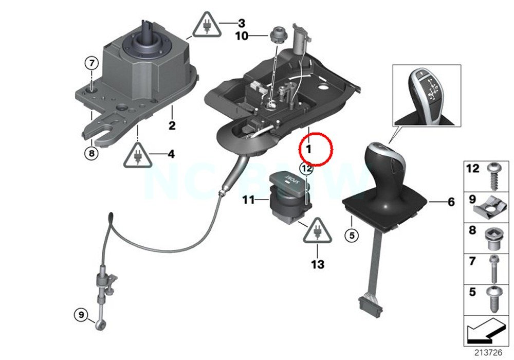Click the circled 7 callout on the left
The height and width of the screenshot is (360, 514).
click(x=91, y=64)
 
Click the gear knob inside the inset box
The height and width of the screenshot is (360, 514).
click(x=430, y=95)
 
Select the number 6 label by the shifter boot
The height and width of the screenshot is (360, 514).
click(x=451, y=202)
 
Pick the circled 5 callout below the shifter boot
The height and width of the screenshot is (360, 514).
click(x=352, y=236)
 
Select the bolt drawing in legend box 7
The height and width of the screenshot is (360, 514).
click(x=494, y=268)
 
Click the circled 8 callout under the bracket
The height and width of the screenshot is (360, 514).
click(x=91, y=153)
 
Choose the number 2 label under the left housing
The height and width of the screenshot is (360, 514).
click(x=172, y=125)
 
